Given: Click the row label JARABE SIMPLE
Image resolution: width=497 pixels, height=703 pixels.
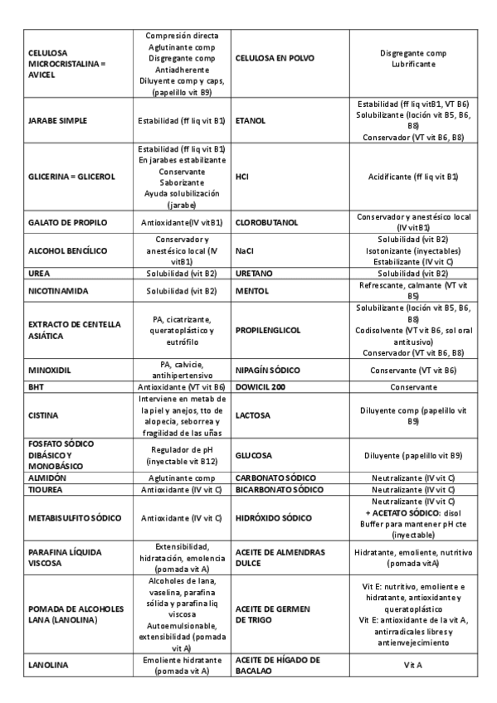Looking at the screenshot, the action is [57, 121].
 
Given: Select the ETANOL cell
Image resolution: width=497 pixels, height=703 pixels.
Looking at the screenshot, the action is [251, 121].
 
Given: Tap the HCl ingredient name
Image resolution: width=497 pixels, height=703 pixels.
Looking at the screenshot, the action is [242, 177].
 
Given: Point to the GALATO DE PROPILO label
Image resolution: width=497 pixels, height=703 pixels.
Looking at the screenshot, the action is [65, 222].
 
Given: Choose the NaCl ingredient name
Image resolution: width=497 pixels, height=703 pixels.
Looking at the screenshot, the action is [245, 250].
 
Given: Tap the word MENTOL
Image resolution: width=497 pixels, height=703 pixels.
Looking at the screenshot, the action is [251, 291].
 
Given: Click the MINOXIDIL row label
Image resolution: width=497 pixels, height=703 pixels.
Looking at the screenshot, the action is [51, 369].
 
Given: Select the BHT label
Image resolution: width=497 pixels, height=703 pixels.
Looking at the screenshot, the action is [36, 386].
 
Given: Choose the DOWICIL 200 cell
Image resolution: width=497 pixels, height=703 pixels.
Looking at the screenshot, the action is [262, 386].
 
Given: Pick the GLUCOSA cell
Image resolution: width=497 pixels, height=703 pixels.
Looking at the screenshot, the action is [255, 455].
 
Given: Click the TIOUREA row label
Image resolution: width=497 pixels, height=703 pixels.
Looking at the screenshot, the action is [46, 490].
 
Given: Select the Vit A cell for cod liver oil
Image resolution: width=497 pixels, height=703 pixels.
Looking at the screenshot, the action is [412, 666].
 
